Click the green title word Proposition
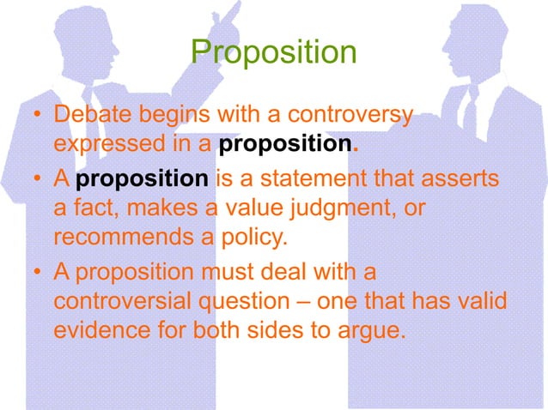coord(273,52)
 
